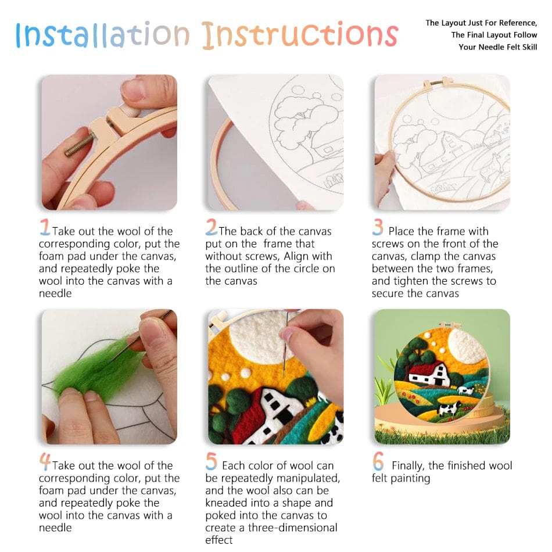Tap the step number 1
click(45, 227)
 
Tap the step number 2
click(212, 227)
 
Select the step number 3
click(378, 227)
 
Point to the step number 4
click(45, 462)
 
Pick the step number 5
click(212, 461)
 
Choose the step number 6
click(378, 462)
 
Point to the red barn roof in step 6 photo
click(424, 368)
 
